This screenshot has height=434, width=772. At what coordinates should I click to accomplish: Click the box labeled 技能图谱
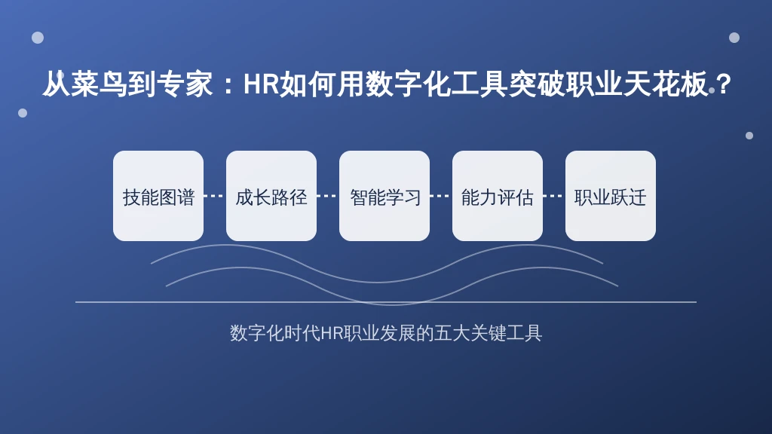tap(158, 196)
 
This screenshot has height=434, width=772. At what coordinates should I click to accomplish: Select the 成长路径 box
tap(271, 196)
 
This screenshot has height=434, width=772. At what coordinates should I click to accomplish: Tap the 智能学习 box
tap(384, 196)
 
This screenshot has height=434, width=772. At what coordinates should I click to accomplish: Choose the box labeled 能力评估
tap(498, 196)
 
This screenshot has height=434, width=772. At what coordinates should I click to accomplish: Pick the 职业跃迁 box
tap(611, 196)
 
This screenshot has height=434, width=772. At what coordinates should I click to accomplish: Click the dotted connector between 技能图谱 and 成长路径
tap(215, 196)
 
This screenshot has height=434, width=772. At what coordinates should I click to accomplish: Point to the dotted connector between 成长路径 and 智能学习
tap(328, 196)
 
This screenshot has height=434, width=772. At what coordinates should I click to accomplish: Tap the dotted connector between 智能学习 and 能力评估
tap(441, 196)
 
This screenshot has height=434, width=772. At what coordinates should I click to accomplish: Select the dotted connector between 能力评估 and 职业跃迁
tap(554, 196)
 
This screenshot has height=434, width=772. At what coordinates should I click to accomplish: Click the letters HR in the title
tap(262, 84)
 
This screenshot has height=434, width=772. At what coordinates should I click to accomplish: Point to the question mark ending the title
tap(723, 84)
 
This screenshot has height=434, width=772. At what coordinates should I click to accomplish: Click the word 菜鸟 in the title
tap(99, 84)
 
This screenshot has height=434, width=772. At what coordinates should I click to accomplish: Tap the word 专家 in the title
tap(185, 84)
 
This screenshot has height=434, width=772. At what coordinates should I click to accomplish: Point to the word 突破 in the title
tap(537, 84)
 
